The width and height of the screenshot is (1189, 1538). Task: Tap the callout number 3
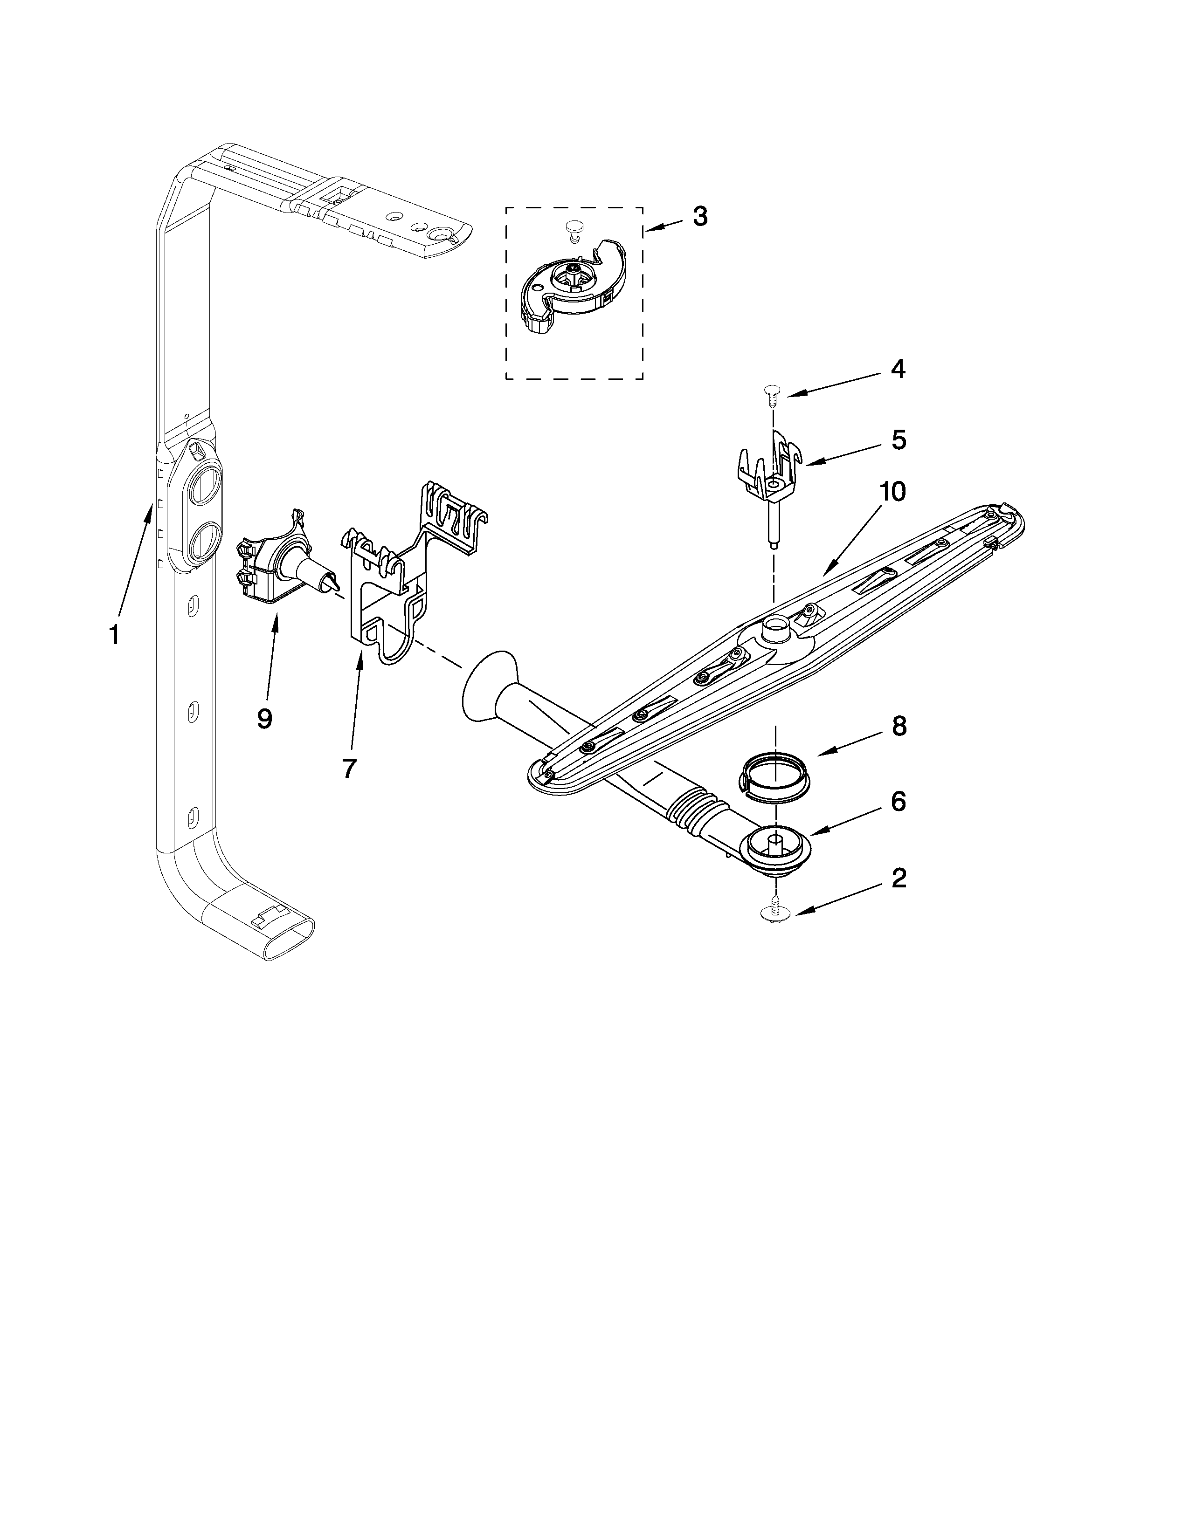click(x=699, y=217)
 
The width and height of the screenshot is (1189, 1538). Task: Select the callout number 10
click(x=891, y=492)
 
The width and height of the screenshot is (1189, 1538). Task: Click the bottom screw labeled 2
click(x=775, y=914)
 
